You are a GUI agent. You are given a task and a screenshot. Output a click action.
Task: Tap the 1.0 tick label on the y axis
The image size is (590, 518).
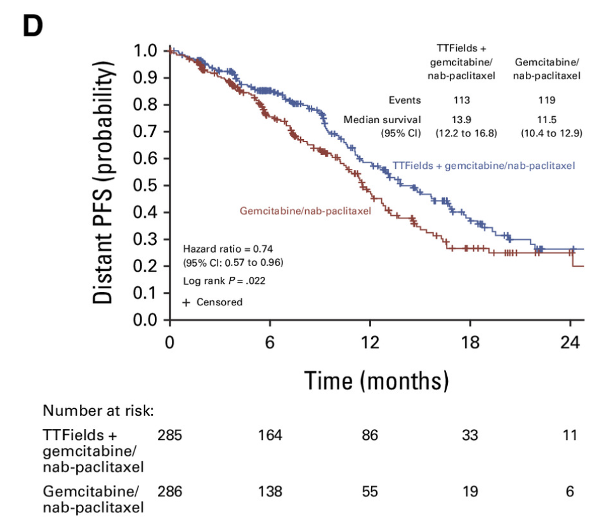147,51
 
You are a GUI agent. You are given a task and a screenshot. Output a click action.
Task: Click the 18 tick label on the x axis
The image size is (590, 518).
469,342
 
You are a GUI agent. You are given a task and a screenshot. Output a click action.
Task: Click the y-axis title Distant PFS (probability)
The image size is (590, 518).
105,183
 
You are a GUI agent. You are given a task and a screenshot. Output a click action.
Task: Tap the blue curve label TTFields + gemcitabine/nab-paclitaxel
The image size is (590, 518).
483,166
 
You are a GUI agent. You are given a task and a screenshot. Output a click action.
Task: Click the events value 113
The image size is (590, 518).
461,100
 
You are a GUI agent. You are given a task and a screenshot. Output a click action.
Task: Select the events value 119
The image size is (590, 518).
546,100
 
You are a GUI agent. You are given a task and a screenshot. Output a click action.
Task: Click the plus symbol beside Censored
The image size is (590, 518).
186,303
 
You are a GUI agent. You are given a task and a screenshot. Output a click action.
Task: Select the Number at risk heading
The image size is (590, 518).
98,411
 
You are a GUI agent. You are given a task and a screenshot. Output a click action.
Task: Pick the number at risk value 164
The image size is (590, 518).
270,435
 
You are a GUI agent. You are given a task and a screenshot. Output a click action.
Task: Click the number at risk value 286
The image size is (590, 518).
169,491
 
